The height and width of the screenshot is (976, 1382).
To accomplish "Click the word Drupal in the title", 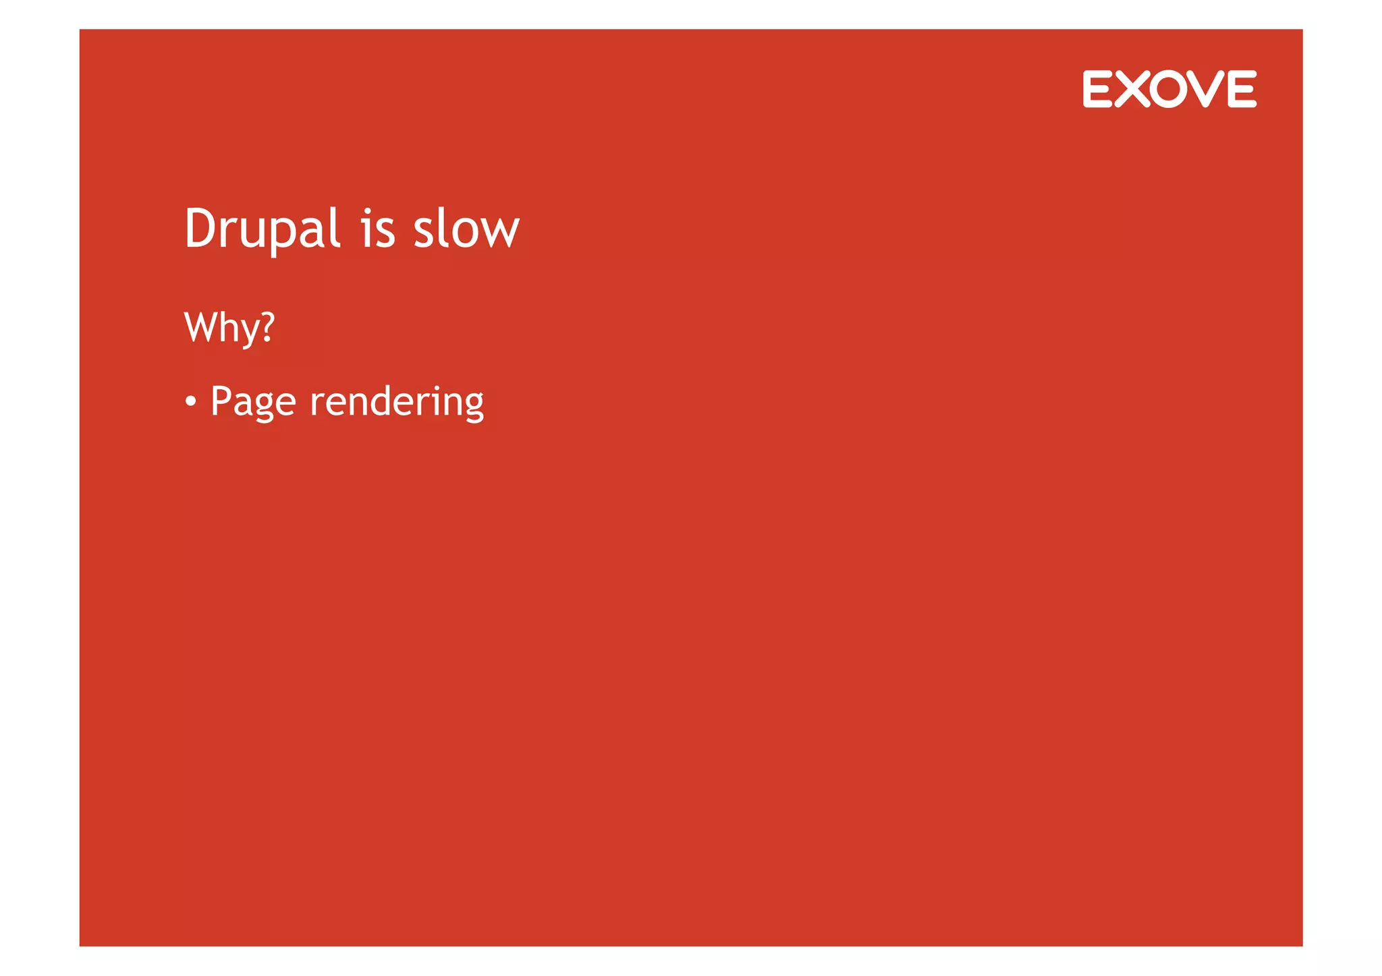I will (262, 229).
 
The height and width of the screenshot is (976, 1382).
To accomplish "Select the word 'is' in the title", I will (377, 229).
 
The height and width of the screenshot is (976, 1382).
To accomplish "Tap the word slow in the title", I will (466, 229).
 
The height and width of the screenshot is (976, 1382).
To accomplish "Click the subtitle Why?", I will (229, 328).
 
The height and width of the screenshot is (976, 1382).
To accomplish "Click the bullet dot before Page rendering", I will (191, 402).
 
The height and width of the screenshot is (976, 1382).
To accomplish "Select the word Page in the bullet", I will (253, 402).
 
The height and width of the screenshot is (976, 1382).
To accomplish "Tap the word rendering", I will (397, 402).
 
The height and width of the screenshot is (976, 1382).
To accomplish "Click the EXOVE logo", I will (1169, 89).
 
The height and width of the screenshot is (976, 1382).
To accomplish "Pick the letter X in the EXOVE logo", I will (1132, 89).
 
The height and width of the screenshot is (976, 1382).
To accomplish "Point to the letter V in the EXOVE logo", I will (1206, 89).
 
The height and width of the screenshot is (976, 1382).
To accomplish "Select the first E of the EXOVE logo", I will (1097, 89).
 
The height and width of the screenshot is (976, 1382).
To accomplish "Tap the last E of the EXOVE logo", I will (1242, 89).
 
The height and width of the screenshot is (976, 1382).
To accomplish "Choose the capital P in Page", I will (221, 401).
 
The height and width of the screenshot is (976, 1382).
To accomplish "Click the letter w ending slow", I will (500, 231).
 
